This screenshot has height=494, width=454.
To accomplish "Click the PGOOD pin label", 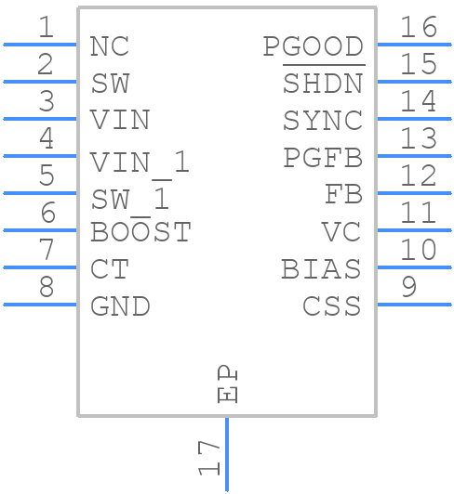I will [x=313, y=46].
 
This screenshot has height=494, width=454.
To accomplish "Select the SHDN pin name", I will [x=322, y=84].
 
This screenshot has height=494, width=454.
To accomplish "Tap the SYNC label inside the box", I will [x=322, y=121].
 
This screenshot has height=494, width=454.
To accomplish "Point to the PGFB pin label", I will [x=322, y=158].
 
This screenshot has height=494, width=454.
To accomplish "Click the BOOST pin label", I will [x=140, y=232].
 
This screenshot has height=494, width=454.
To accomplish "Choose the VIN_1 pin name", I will [x=140, y=162].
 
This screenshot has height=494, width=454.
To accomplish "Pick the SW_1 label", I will [x=130, y=200].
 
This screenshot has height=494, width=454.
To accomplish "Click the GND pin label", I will [x=120, y=306].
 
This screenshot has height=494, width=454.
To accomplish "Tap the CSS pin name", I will [x=331, y=306].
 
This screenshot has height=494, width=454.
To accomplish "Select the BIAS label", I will [x=321, y=269].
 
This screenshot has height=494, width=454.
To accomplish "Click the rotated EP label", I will [x=227, y=384].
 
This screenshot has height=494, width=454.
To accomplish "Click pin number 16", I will [x=418, y=28].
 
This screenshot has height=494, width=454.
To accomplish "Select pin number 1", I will [x=46, y=28].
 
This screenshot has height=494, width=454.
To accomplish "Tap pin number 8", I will [x=46, y=288].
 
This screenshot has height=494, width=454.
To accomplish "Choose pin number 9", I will [x=408, y=288].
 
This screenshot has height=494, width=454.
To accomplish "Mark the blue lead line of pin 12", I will [x=413, y=193].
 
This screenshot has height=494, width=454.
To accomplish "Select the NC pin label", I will [x=110, y=46].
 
